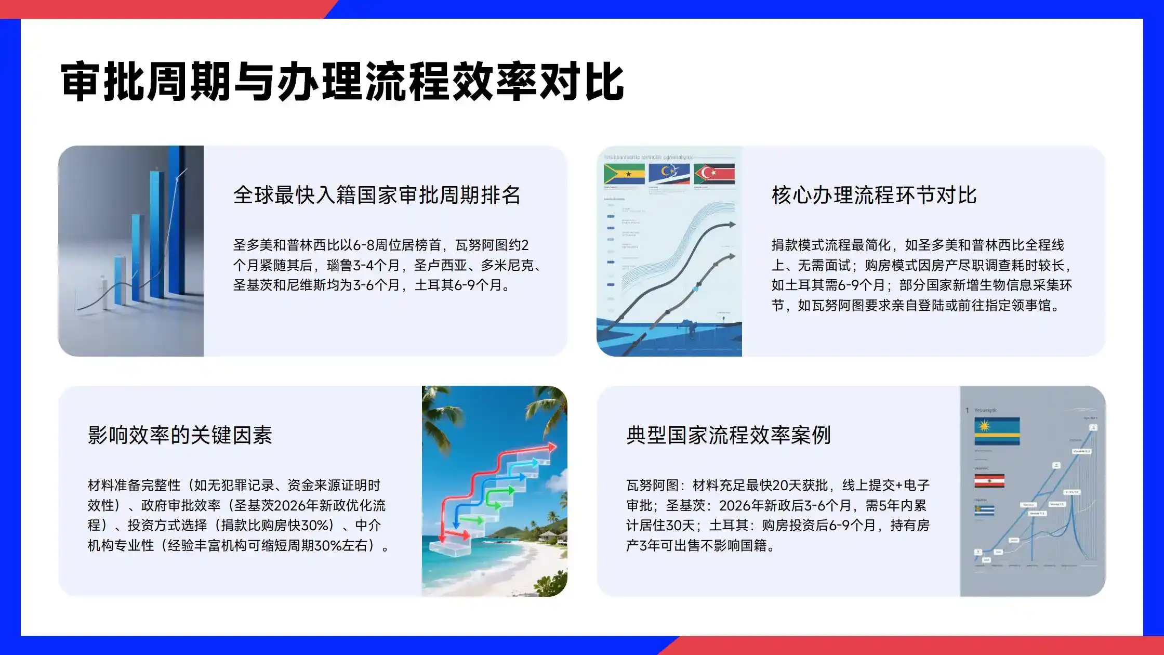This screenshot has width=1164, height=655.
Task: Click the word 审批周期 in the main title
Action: click(x=145, y=82)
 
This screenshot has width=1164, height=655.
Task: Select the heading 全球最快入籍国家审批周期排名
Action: click(x=377, y=195)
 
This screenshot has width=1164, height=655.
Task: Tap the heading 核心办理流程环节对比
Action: click(x=874, y=195)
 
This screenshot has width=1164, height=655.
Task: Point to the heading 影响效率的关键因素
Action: click(x=180, y=435)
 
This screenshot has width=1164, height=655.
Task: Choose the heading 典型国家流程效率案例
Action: click(x=729, y=435)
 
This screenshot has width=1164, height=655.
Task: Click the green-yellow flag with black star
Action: click(x=624, y=174)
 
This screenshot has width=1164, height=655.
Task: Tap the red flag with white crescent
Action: click(x=715, y=174)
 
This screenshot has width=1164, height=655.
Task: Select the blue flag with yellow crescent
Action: click(x=669, y=174)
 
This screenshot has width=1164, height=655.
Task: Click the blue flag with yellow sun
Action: click(x=997, y=430)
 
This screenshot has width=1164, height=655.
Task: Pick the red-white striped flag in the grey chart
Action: click(x=989, y=481)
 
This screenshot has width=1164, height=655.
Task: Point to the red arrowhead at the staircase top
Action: click(x=552, y=447)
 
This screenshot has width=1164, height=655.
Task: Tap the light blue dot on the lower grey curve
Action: click(x=696, y=289)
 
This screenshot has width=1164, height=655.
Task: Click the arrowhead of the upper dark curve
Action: click(x=732, y=225)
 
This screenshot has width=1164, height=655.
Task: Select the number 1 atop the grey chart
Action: click(x=967, y=410)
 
